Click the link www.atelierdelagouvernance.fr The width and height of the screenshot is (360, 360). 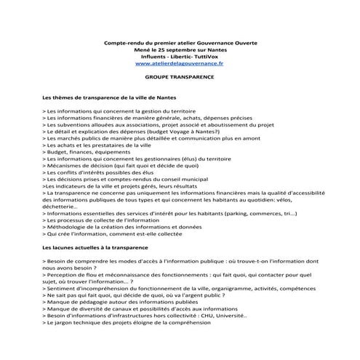[180, 63]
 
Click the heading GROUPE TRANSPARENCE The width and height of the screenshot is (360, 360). [180, 76]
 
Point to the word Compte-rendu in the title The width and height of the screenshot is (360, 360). [126, 41]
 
